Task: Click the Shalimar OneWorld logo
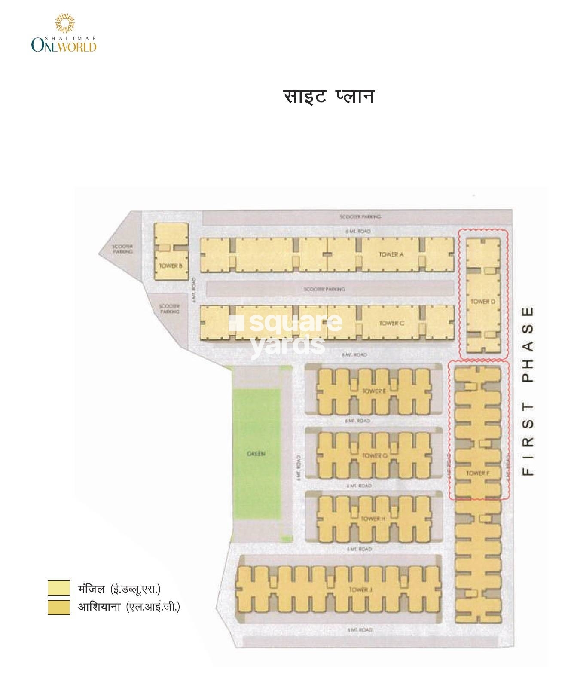(64, 34)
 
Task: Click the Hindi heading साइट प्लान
(329, 97)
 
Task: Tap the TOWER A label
(391, 254)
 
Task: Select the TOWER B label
(171, 266)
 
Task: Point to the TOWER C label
(391, 323)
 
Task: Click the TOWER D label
(482, 302)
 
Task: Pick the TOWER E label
(374, 391)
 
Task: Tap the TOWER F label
(478, 473)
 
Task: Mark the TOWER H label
(373, 519)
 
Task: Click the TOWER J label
(360, 589)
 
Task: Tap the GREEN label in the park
(256, 454)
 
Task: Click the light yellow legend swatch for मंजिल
(58, 588)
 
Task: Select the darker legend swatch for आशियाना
(58, 607)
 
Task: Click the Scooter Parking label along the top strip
(360, 217)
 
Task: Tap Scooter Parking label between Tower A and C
(324, 289)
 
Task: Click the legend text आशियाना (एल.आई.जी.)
(128, 607)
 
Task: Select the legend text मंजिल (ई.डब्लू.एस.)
(119, 589)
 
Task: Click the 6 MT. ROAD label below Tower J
(360, 630)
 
